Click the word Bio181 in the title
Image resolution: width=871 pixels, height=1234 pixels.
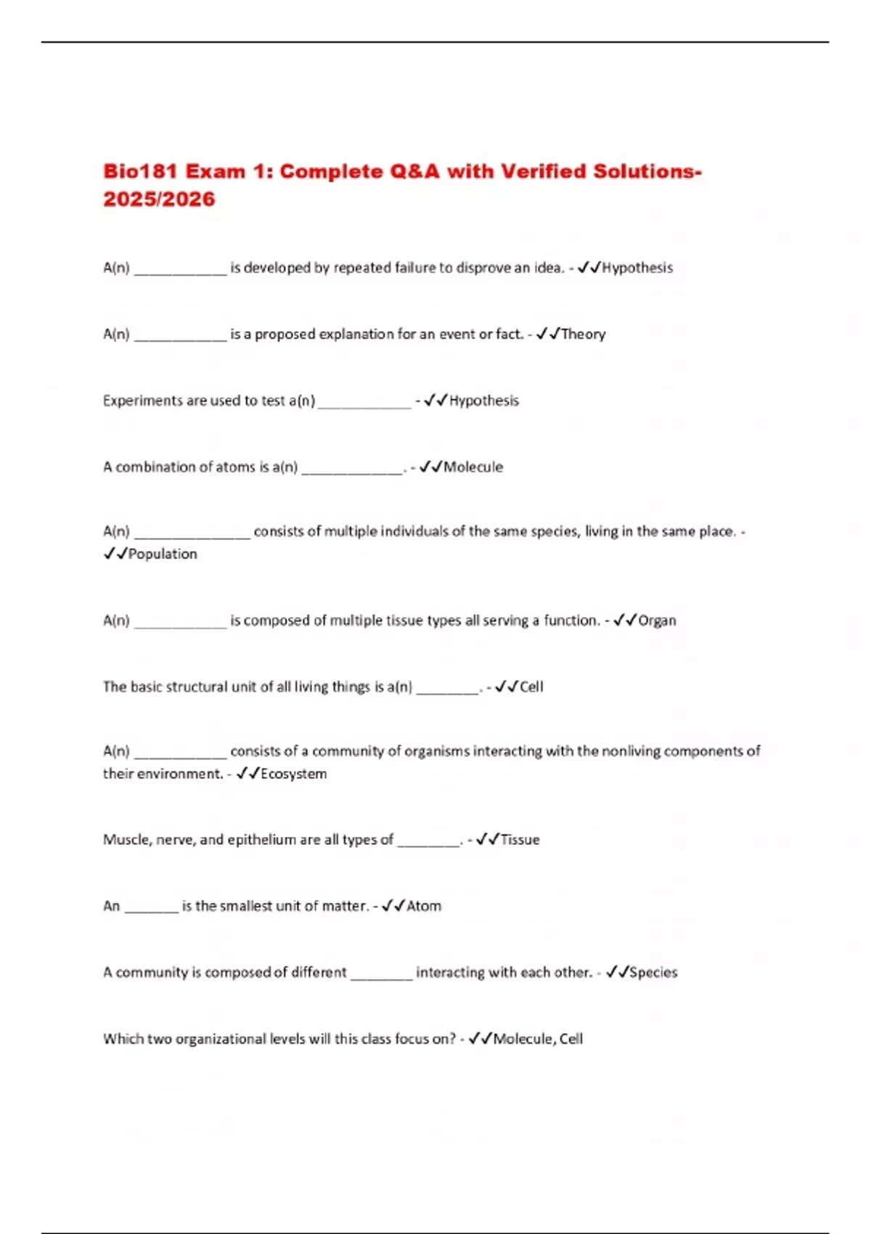tap(140, 171)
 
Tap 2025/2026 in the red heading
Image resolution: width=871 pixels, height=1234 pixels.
tap(159, 200)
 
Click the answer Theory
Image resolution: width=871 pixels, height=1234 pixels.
tap(583, 334)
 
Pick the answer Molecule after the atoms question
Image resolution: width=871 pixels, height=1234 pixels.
tap(473, 467)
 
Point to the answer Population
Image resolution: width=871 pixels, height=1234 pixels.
tap(163, 554)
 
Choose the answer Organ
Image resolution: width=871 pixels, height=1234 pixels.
tap(657, 621)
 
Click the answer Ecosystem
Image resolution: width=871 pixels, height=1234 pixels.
tap(293, 774)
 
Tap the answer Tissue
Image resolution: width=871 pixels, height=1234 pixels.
tap(520, 840)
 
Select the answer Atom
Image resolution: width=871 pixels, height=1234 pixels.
tap(424, 906)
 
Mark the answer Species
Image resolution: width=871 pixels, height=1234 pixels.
tap(653, 973)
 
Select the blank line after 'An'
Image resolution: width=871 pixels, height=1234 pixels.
tap(151, 907)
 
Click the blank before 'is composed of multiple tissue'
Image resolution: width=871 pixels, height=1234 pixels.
tap(181, 622)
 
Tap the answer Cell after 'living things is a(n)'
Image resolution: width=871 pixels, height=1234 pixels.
tap(531, 687)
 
